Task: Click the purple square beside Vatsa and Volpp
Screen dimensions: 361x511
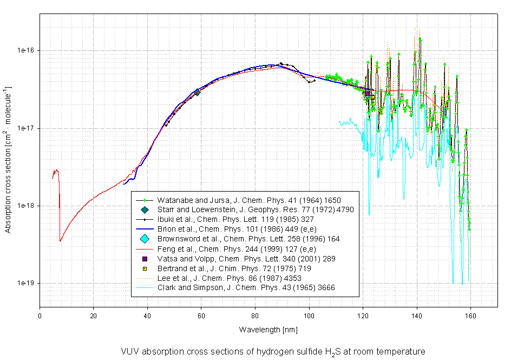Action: tap(145, 259)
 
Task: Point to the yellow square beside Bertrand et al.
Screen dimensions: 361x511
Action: tap(145, 268)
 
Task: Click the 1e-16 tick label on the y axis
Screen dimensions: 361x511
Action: tap(25, 50)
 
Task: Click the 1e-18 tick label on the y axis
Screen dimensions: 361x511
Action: tap(25, 206)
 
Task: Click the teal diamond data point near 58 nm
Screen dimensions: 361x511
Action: tap(198, 93)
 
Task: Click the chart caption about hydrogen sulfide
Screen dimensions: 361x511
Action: tap(273, 351)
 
